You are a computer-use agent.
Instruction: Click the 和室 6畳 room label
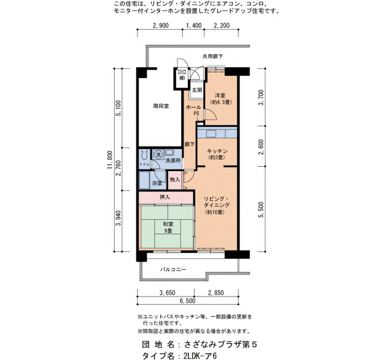pyautogui.click(x=168, y=228)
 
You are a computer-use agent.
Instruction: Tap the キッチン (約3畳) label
pyautogui.click(x=217, y=154)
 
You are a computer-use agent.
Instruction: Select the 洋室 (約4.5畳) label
pyautogui.click(x=220, y=99)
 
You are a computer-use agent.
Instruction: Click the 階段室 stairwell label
pyautogui.click(x=161, y=106)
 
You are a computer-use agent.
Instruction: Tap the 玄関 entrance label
pyautogui.click(x=197, y=90)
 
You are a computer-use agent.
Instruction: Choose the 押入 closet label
pyautogui.click(x=165, y=197)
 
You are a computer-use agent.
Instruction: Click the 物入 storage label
pyautogui.click(x=175, y=179)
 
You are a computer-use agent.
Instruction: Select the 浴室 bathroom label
pyautogui.click(x=157, y=183)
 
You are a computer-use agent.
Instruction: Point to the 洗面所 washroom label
pyautogui.click(x=173, y=161)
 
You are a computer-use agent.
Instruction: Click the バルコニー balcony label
pyautogui.click(x=173, y=269)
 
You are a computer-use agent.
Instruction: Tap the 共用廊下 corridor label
pyautogui.click(x=213, y=56)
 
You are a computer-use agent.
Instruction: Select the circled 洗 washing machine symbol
pyautogui.click(x=159, y=155)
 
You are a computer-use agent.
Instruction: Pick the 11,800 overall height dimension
pyautogui.click(x=110, y=160)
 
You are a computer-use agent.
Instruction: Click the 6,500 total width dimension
pyautogui.click(x=187, y=301)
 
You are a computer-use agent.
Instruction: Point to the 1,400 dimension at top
pyautogui.click(x=194, y=25)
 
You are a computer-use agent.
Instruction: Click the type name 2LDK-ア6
pyautogui.click(x=200, y=356)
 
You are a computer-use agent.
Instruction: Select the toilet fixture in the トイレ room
pyautogui.click(x=144, y=155)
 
